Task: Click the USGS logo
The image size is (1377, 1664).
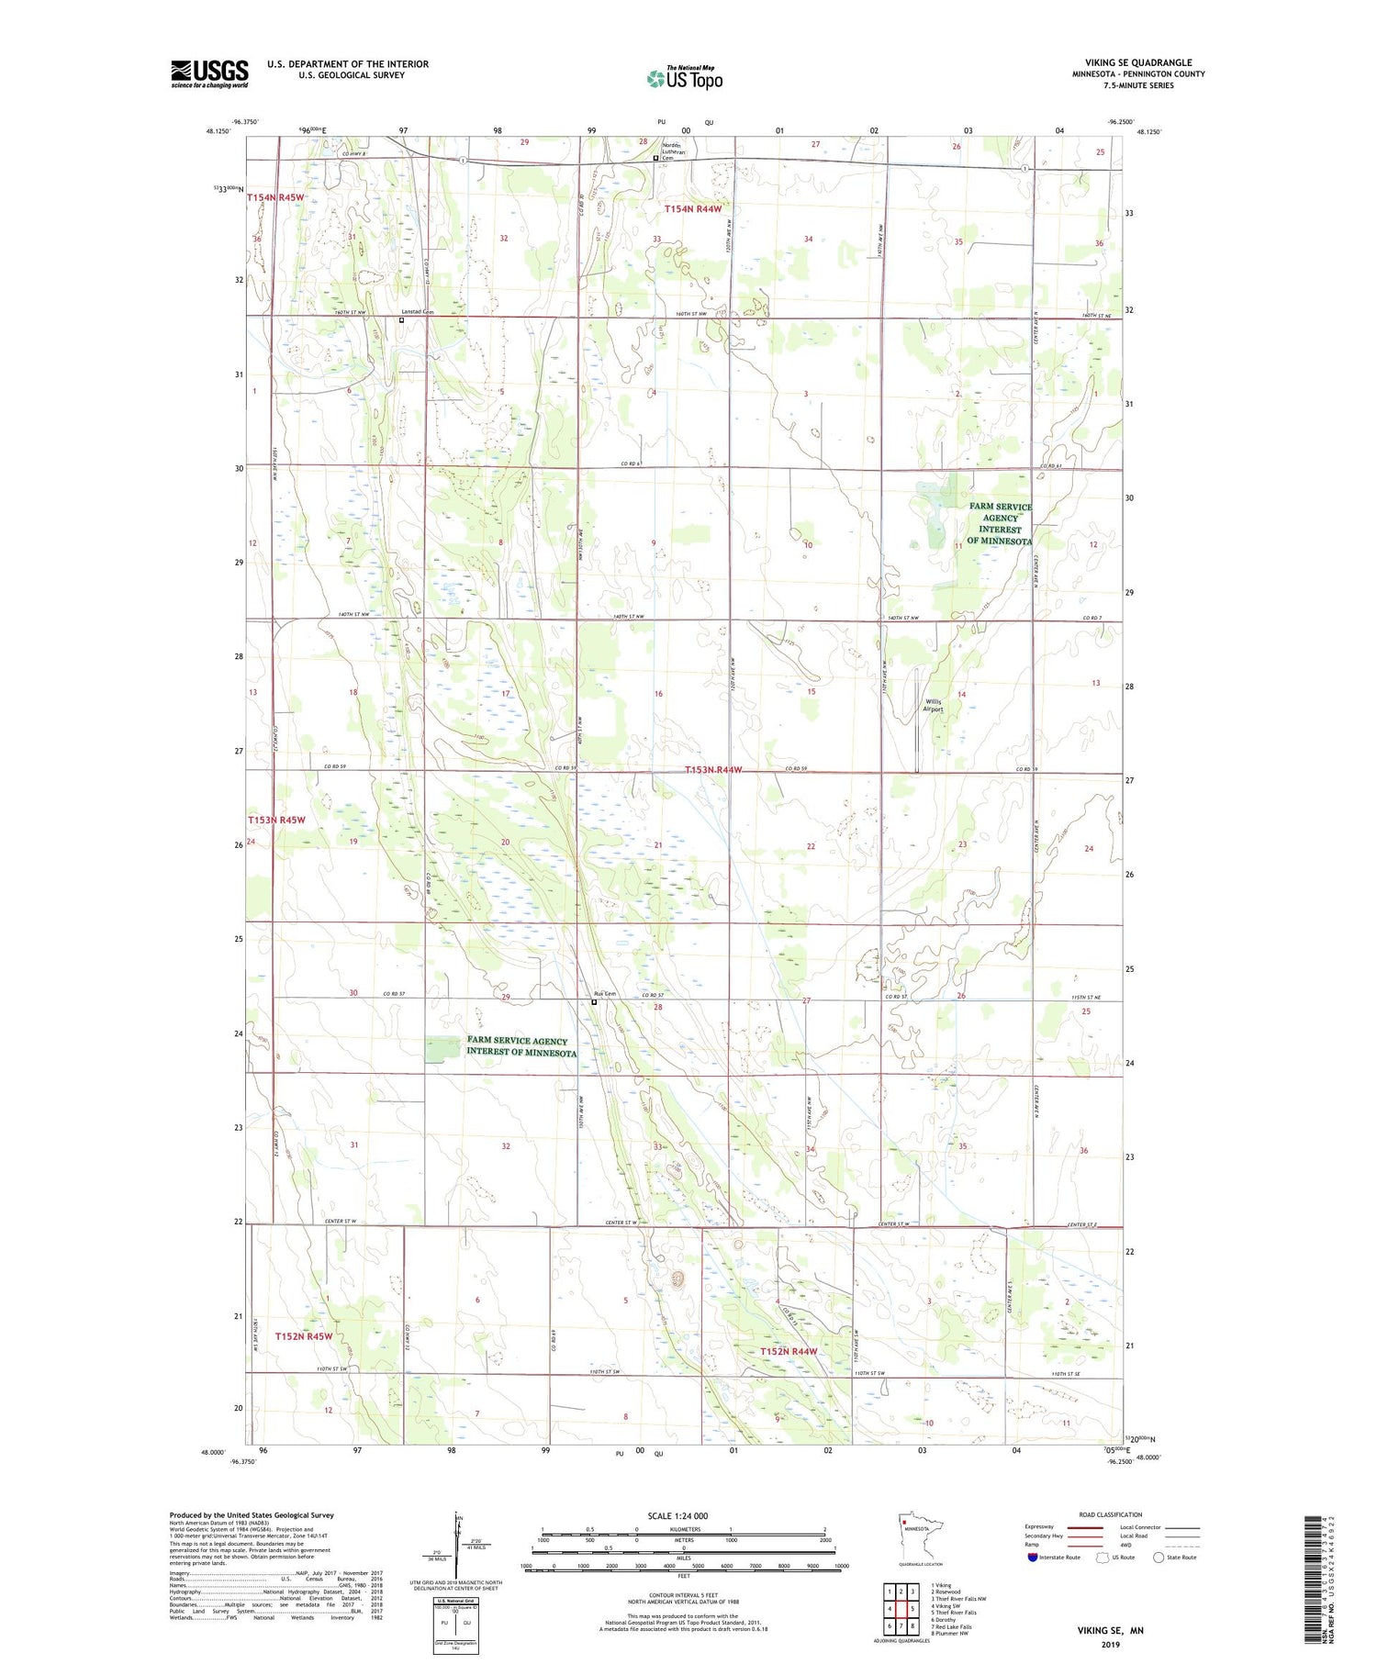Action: point(209,73)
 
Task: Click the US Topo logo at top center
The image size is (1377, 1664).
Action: point(685,78)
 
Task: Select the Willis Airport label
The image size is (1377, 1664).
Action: point(933,705)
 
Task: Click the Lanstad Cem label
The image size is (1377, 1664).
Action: point(417,312)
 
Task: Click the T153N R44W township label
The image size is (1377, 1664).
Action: point(712,770)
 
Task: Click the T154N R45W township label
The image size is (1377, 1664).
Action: point(274,197)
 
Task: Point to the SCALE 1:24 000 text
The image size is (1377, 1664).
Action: point(677,1515)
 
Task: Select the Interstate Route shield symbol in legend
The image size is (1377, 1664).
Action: point(1033,1557)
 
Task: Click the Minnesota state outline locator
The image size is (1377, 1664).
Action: point(918,1540)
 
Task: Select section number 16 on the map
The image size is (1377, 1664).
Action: point(658,694)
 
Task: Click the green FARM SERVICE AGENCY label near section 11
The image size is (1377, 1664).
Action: point(1000,523)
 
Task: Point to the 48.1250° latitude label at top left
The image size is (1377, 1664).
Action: point(218,131)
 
